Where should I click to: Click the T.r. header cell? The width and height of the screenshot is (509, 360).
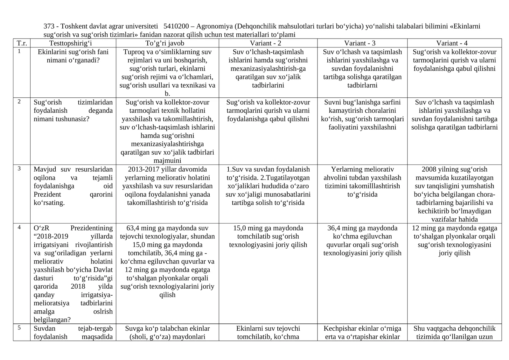click(22, 43)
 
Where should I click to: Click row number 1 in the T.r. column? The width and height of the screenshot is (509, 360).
click(19, 51)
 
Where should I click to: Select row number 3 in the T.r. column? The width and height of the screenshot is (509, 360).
click(19, 169)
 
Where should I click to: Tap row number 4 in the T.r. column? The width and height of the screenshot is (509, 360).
click(19, 228)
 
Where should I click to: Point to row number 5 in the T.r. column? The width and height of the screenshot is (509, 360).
click(19, 328)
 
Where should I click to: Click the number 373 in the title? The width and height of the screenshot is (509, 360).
click(49, 26)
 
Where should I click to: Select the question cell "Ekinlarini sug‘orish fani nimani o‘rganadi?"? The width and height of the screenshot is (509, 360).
click(73, 56)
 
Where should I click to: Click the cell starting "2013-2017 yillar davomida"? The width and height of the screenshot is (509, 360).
click(167, 186)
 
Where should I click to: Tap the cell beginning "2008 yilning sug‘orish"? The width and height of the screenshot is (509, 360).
click(454, 194)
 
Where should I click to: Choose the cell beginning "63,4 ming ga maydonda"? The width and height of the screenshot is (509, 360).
click(167, 261)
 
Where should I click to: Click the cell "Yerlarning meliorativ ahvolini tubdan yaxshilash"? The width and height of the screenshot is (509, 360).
click(362, 182)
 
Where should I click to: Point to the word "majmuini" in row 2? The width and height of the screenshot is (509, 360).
click(167, 160)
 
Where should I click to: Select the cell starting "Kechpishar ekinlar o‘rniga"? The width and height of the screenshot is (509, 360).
click(362, 332)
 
